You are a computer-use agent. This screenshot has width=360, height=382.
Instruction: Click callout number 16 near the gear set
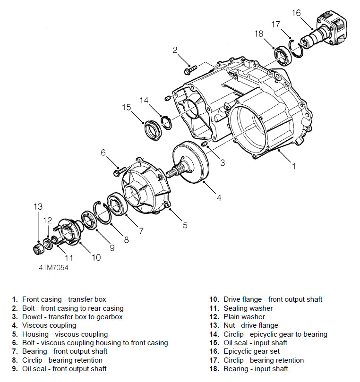click(296, 13)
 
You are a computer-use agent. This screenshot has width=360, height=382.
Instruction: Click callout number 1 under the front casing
click(293, 166)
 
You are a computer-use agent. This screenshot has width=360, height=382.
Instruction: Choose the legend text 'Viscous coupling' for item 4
click(49, 325)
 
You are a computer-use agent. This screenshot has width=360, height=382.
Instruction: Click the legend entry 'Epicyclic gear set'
click(251, 351)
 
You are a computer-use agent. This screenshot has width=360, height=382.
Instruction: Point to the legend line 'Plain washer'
click(244, 317)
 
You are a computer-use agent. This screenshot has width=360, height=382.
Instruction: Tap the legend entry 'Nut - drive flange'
click(251, 325)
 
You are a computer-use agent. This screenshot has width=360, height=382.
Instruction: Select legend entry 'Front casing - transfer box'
click(64, 299)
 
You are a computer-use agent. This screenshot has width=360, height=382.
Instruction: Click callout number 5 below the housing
click(185, 224)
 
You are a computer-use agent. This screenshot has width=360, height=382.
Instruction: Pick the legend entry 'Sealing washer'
click(248, 308)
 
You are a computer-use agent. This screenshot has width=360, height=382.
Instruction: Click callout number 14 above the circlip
click(144, 100)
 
